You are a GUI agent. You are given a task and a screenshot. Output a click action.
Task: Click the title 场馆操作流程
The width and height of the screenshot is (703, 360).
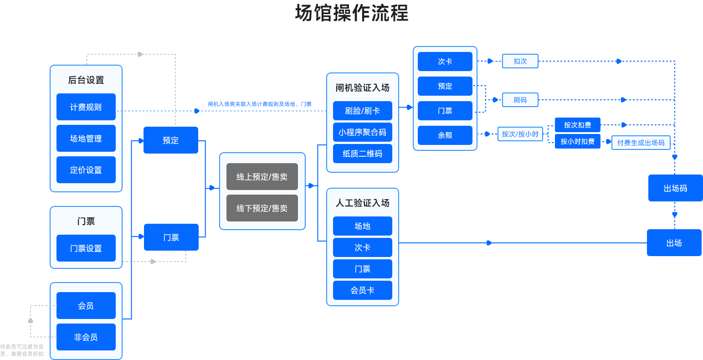(x=351, y=13)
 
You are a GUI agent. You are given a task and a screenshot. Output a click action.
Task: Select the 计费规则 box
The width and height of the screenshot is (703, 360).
(x=86, y=107)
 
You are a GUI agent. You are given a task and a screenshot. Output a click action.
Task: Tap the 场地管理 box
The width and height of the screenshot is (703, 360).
(x=86, y=139)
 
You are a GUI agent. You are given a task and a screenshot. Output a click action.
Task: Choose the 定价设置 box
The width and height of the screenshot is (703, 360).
(x=86, y=170)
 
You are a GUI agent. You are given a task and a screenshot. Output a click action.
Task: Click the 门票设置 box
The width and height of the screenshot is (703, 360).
(x=86, y=248)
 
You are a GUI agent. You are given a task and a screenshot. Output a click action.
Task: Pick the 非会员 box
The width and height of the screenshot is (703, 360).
(x=86, y=337)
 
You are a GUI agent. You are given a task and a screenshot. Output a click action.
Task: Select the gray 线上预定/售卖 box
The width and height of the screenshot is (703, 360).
(x=262, y=177)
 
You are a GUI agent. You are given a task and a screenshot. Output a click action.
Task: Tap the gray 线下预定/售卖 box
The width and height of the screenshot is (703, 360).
(x=262, y=208)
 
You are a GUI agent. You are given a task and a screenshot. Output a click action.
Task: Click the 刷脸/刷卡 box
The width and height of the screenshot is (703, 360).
(x=362, y=111)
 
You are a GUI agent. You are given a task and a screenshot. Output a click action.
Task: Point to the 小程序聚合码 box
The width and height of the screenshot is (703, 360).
(x=362, y=132)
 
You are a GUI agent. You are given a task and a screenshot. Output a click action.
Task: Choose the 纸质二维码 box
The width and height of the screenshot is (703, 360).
(x=362, y=154)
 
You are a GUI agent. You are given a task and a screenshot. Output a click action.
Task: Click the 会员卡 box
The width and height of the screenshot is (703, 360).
(x=362, y=290)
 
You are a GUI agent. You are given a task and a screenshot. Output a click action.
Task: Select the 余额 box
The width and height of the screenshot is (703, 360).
(x=445, y=135)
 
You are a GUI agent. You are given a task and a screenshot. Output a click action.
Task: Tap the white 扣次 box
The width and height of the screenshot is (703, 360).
(x=520, y=61)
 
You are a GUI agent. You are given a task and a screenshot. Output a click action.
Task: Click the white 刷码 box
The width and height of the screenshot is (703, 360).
(x=520, y=100)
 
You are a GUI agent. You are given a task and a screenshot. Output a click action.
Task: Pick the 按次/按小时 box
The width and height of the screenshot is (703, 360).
(x=520, y=134)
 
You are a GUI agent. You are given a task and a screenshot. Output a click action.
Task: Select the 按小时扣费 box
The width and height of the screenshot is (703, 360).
(x=577, y=141)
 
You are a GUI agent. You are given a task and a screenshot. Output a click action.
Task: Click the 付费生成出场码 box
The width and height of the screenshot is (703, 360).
(x=641, y=143)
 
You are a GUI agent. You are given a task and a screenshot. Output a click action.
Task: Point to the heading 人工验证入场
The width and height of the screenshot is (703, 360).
(x=362, y=203)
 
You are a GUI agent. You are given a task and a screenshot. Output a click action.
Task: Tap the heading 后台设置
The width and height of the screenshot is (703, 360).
(x=86, y=80)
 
